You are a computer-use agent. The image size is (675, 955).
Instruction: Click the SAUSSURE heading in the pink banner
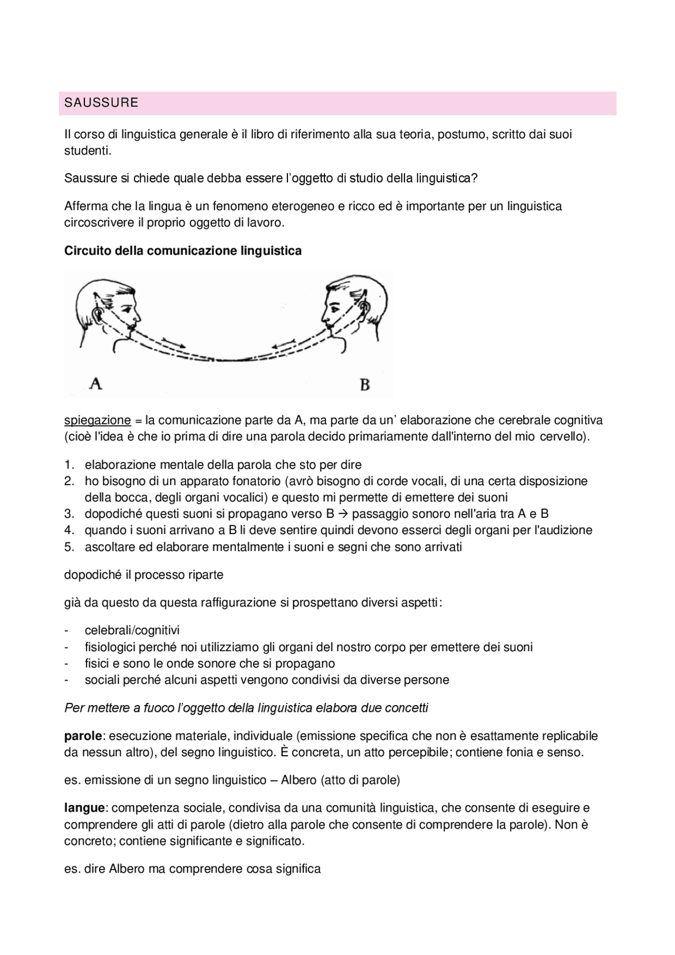pyautogui.click(x=101, y=103)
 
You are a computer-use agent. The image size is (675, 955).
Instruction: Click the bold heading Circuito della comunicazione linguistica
pyautogui.click(x=182, y=251)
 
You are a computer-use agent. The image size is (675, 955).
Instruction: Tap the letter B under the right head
pyautogui.click(x=364, y=384)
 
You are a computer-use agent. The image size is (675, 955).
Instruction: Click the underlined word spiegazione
pyautogui.click(x=97, y=420)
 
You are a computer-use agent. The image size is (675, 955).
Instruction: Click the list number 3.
pyautogui.click(x=69, y=514)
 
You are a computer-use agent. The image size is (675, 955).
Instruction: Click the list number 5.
pyautogui.click(x=69, y=547)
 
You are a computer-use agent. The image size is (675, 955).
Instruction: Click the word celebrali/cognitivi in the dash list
pyautogui.click(x=132, y=630)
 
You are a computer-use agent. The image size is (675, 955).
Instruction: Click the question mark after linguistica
pyautogui.click(x=474, y=178)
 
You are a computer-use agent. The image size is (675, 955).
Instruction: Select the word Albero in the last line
pyautogui.click(x=127, y=869)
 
